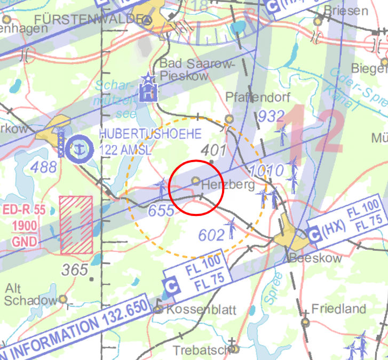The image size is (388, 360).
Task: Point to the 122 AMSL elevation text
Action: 128,149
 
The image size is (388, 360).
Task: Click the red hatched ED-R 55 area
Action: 76,223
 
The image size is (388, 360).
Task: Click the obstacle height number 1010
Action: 266,171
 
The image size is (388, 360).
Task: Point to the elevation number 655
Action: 162,211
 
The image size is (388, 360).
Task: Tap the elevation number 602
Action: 212,235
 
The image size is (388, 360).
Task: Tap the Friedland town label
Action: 339,309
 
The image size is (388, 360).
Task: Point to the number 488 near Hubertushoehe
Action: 43,167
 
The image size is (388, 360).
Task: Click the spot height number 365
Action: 74,270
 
